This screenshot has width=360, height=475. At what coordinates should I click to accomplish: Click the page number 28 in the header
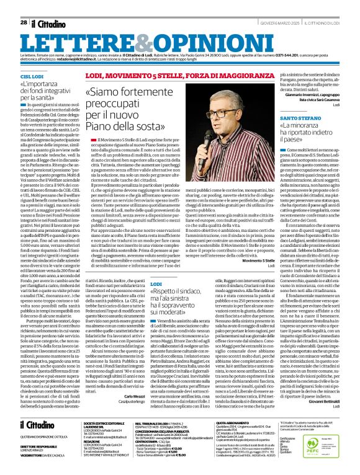click(x=23, y=23)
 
